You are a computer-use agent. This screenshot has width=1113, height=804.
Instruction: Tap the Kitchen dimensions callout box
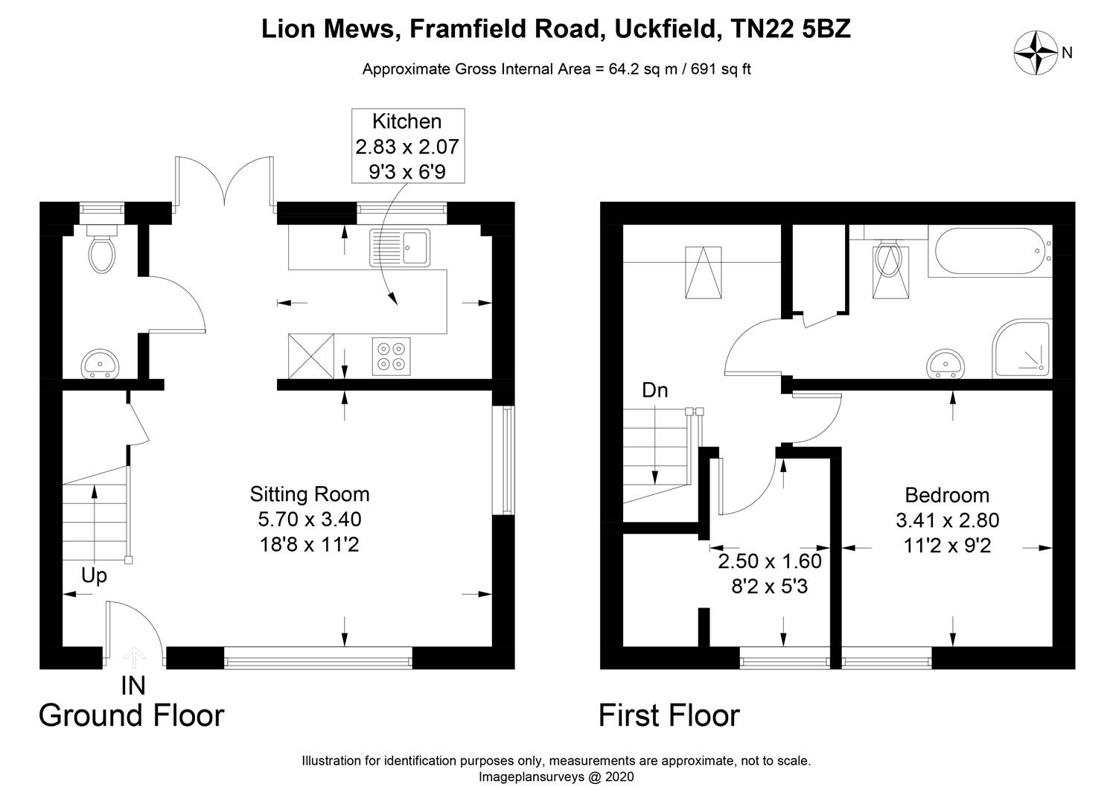407,146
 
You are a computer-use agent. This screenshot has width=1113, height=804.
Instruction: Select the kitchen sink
400,247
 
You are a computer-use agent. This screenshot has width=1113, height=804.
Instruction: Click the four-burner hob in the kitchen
391,356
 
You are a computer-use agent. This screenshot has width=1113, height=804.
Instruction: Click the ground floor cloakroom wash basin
99,363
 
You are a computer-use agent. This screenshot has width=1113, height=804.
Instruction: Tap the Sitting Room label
309,494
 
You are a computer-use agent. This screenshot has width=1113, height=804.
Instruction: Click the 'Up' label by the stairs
94,575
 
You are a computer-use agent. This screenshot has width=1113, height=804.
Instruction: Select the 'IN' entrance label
133,685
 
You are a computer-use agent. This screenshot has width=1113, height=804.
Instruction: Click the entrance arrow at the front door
134,655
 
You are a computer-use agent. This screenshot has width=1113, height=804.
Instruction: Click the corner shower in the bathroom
1022,349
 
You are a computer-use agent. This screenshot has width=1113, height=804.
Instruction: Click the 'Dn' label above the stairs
655,390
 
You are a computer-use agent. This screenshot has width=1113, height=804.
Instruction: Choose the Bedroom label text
947,495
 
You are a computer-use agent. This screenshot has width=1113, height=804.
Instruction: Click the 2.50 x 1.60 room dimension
769,561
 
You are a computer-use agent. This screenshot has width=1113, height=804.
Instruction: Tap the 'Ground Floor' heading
131,715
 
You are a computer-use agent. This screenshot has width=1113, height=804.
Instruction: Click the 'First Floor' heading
669,715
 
